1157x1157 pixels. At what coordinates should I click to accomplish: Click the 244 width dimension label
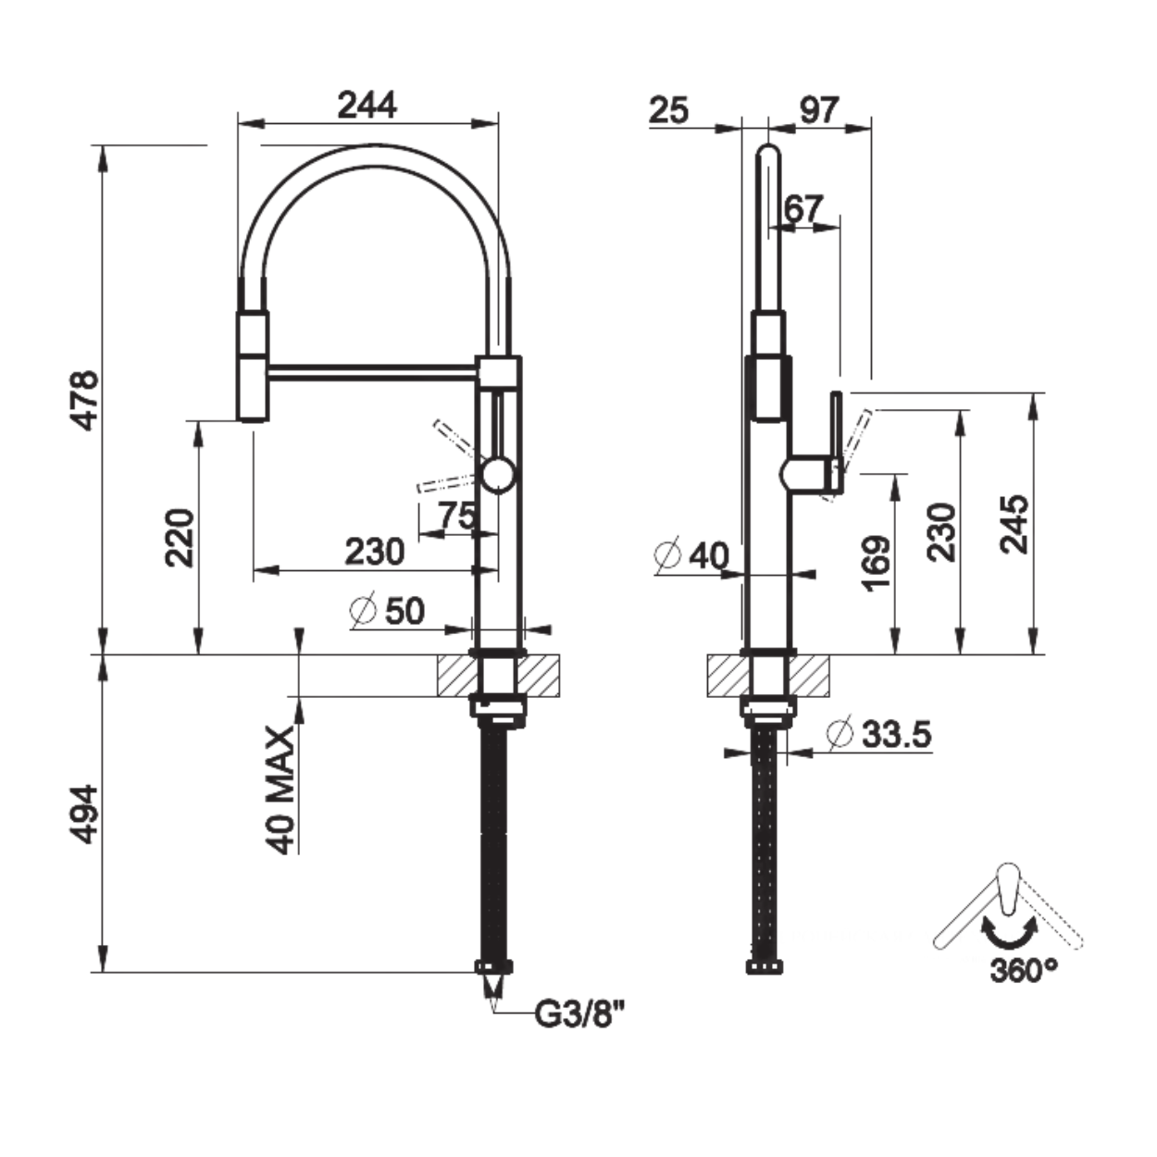coord(367,106)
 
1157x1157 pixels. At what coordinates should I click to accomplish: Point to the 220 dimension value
coord(180,538)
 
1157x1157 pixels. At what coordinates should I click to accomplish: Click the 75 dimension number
coord(457,516)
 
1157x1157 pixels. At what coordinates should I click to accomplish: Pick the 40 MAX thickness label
coord(281,790)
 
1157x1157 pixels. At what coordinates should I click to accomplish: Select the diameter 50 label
coord(387,611)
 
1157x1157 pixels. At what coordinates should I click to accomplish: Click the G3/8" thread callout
coord(579,1014)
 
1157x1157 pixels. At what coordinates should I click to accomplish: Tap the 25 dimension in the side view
coord(668,110)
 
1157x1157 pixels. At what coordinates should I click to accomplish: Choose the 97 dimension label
coord(819,110)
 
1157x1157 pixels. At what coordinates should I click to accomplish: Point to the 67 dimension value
coord(803,208)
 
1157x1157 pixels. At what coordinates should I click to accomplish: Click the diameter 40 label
coord(691,554)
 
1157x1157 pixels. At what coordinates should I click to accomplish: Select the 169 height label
coord(877,563)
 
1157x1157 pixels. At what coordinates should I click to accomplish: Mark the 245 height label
coord(1014,524)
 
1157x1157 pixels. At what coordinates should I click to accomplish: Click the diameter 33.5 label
coord(879,733)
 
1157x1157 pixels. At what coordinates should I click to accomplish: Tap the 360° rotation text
coord(1024,987)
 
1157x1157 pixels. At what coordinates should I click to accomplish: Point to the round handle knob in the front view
coord(498,474)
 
